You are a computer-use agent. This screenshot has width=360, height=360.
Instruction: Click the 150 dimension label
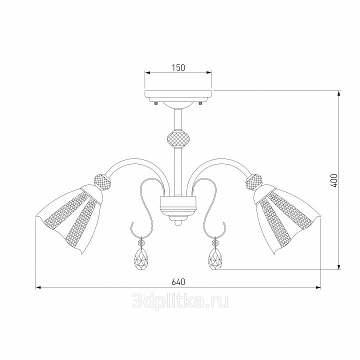coord(178,67)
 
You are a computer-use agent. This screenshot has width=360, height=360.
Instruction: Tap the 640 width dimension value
coord(178,281)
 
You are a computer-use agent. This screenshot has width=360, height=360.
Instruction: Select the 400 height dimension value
coord(334,180)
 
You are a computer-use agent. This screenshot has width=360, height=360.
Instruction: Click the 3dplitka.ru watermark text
coord(180,301)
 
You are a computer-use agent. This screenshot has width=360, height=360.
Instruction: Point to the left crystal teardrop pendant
coord(140,255)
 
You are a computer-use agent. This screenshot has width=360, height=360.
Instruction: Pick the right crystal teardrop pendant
coord(215,255)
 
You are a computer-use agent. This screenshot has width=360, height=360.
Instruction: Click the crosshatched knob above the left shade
coord(103,182)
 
